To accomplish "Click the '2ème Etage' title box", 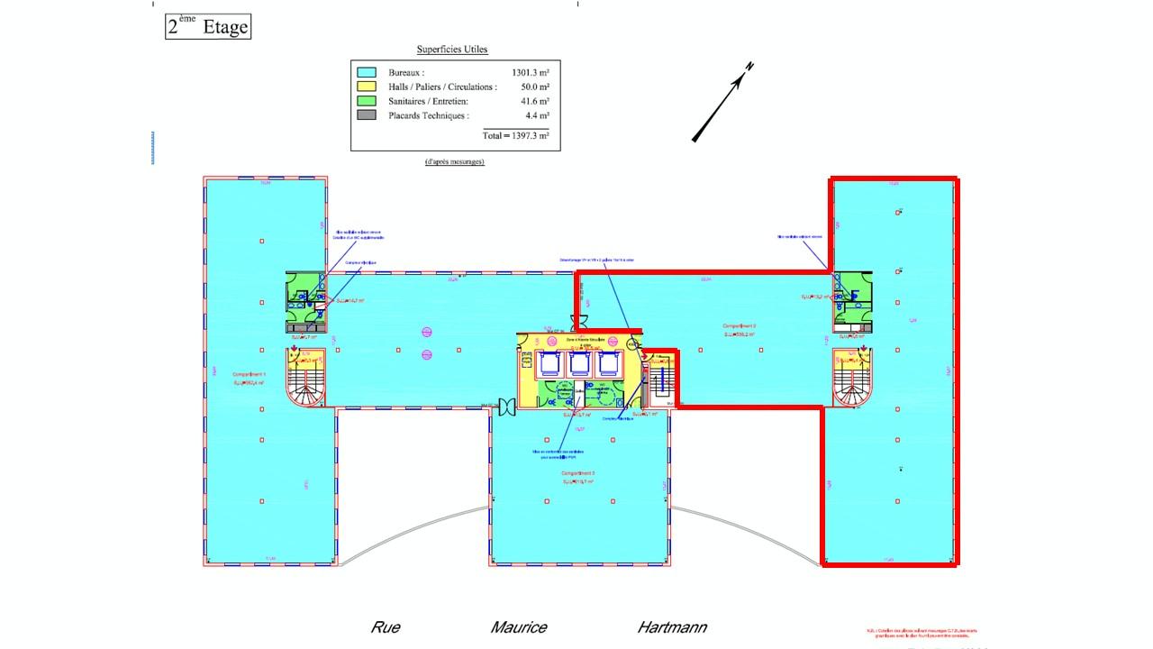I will pyautogui.click(x=207, y=27).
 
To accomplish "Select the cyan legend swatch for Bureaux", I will pyautogui.click(x=367, y=72).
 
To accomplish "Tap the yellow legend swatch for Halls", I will pyautogui.click(x=367, y=87).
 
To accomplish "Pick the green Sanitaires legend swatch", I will pyautogui.click(x=367, y=101).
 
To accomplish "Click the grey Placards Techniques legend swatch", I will pyautogui.click(x=367, y=115).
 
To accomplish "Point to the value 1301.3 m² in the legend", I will pyautogui.click(x=531, y=72).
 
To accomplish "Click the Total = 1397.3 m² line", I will pyautogui.click(x=515, y=134).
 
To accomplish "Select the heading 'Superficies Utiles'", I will pyautogui.click(x=452, y=50).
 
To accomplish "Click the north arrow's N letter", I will pyautogui.click(x=749, y=68).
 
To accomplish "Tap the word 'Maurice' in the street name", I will pyautogui.click(x=519, y=627).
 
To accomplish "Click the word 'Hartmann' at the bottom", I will pyautogui.click(x=672, y=627).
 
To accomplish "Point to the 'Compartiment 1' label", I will pyautogui.click(x=249, y=374).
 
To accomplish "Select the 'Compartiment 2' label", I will pyautogui.click(x=739, y=325).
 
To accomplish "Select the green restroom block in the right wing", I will pyautogui.click(x=850, y=293).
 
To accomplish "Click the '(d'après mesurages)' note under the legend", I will pyautogui.click(x=455, y=161).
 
